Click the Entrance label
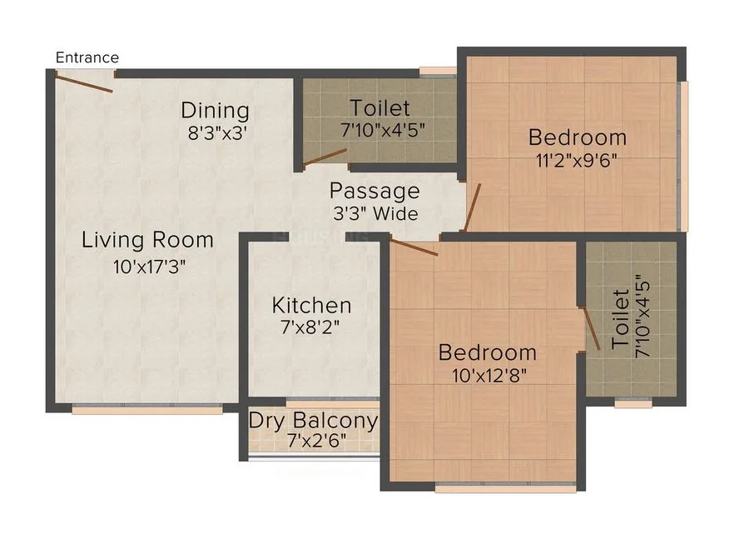pos(87,57)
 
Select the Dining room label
pos(215,111)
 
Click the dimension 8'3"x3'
pos(217,133)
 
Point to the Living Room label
pos(147,239)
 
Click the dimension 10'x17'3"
pos(149,267)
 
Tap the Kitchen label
pos(311,306)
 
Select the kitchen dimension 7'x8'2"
pos(310,327)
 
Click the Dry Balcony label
pos(313,421)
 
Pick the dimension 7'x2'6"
pos(317,441)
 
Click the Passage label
pos(374,191)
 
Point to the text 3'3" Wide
pos(375,213)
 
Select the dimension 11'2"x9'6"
pos(576,161)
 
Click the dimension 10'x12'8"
pos(489,375)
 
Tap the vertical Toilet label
pos(620,318)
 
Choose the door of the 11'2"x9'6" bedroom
pos(473,207)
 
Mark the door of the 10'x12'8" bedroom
pos(414,247)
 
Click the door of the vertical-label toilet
pos(591,328)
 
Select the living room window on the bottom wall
pos(147,409)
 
